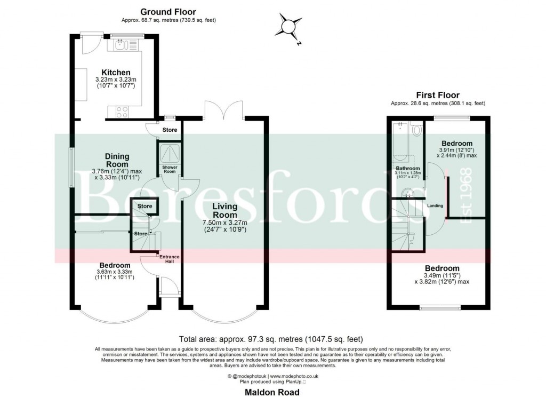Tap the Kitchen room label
click(116, 73)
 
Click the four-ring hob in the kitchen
click(121, 112)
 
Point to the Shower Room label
click(170, 170)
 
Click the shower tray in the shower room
click(170, 153)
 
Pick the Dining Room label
click(117, 160)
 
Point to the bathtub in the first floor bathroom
click(400, 141)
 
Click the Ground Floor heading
click(168, 12)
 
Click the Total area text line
click(274, 338)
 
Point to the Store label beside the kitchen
click(169, 130)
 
